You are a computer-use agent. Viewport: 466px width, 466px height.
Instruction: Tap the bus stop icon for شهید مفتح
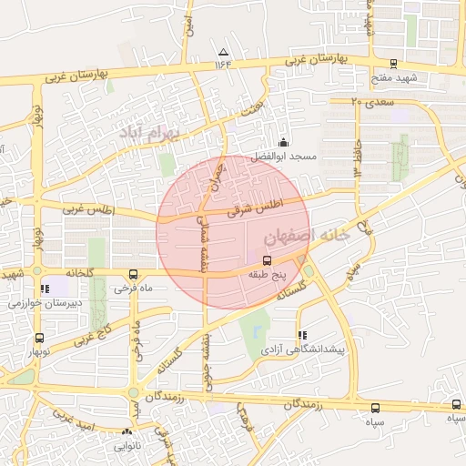click(x=393, y=64)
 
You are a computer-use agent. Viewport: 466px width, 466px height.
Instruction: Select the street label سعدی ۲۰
click(x=372, y=102)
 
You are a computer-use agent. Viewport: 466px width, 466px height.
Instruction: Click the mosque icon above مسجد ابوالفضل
click(x=283, y=142)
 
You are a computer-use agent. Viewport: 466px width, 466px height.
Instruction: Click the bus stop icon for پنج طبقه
click(x=253, y=259)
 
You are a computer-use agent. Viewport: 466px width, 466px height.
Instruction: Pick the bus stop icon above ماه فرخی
click(x=134, y=274)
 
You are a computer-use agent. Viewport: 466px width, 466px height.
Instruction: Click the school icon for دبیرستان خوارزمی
click(x=45, y=289)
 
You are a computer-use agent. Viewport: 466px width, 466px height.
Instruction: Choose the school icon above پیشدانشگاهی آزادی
click(x=302, y=335)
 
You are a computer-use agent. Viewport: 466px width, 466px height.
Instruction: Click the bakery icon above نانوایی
click(x=127, y=433)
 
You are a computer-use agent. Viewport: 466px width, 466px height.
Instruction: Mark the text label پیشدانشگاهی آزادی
click(x=302, y=349)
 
